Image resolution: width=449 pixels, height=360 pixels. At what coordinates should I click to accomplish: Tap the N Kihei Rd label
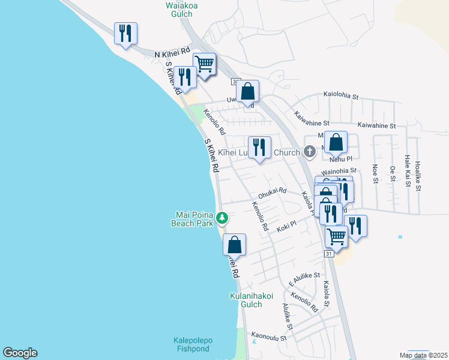point(172,54)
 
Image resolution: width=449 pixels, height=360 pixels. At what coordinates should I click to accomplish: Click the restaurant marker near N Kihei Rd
point(125,34)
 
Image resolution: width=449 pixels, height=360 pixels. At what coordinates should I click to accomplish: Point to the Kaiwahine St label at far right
point(377,125)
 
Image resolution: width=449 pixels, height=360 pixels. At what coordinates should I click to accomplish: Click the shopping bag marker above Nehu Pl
point(336,143)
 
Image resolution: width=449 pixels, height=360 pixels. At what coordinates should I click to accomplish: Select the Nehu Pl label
point(340,161)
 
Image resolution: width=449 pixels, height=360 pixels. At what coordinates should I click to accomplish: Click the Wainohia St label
point(339,172)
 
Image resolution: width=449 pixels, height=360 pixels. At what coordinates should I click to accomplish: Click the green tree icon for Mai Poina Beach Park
point(222,217)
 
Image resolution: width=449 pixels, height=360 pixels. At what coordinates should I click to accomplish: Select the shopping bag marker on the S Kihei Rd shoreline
point(234,245)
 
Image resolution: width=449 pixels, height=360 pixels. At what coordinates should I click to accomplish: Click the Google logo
point(20,353)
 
